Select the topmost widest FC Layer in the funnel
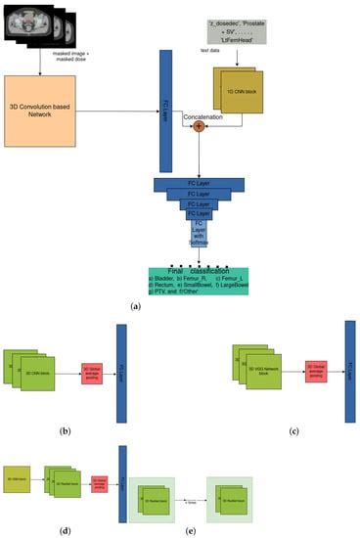(x=200, y=182)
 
